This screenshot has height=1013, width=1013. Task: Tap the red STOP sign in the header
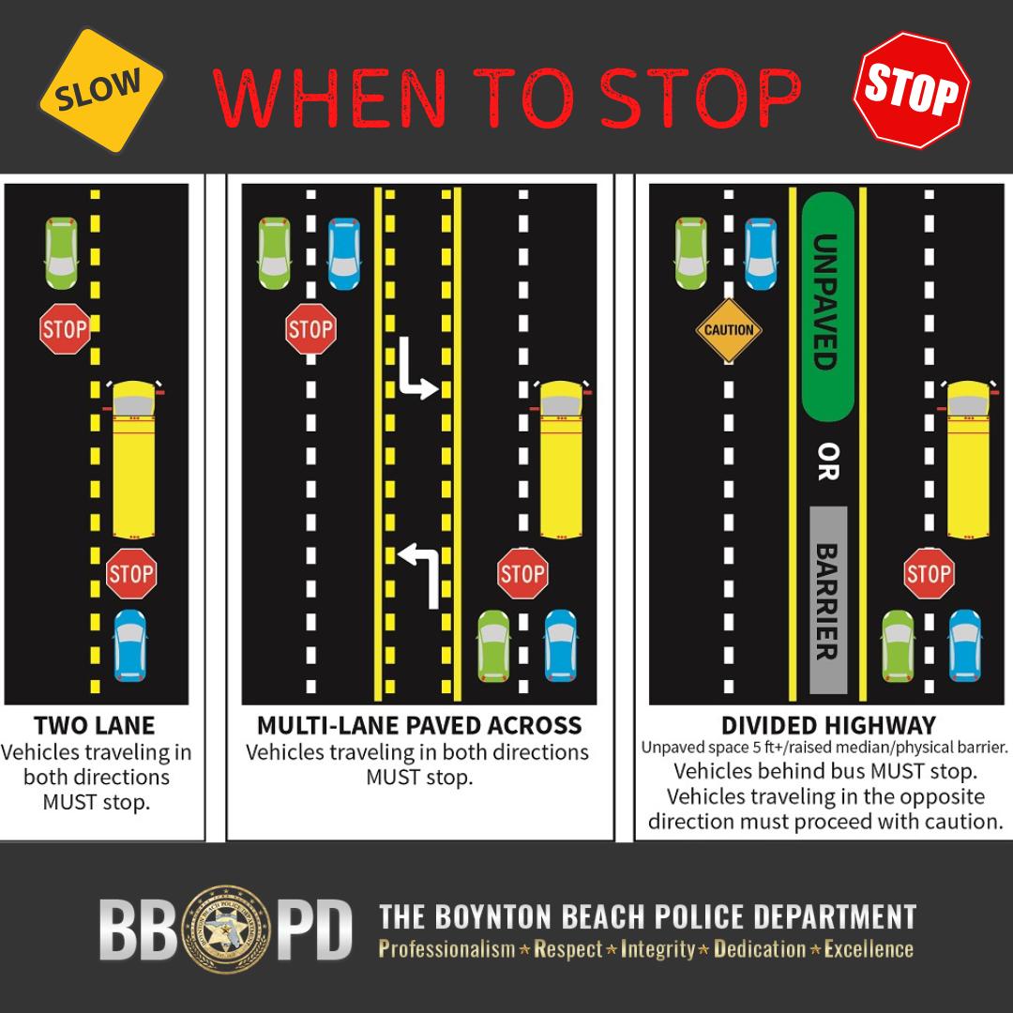[x=912, y=89]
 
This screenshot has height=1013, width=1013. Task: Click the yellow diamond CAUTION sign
[x=729, y=330]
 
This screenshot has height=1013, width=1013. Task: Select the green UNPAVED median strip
[x=826, y=305]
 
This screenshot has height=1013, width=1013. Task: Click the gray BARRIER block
[x=827, y=600]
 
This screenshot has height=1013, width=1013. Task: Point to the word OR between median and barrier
[x=826, y=462]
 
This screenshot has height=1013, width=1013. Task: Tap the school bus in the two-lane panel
[x=137, y=460]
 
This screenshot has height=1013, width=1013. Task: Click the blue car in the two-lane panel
[x=130, y=646]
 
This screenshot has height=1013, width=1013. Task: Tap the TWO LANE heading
[x=94, y=726]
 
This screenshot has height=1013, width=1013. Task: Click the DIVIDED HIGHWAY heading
[x=828, y=726]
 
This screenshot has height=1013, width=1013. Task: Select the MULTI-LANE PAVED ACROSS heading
[x=419, y=726]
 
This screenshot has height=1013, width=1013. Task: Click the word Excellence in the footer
[x=868, y=949]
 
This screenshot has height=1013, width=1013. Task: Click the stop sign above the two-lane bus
[x=65, y=328]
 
